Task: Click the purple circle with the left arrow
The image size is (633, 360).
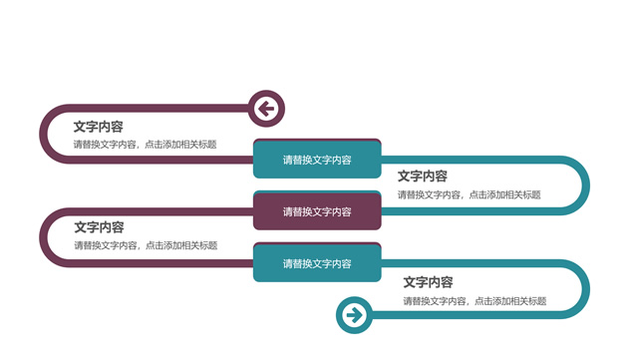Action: (265, 108)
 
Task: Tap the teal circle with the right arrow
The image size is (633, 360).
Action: (354, 316)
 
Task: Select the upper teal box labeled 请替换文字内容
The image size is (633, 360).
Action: (317, 160)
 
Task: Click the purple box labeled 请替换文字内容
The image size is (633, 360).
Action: (317, 211)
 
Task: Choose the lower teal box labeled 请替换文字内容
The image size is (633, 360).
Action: (317, 263)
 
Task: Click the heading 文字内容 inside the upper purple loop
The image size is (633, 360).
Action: (99, 127)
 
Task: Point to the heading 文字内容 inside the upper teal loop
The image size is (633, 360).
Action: (423, 177)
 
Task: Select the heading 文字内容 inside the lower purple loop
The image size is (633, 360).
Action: (99, 227)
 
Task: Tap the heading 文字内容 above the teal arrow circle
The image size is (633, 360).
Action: (428, 283)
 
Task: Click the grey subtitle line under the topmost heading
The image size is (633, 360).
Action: (145, 145)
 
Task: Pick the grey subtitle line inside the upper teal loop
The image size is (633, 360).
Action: (469, 194)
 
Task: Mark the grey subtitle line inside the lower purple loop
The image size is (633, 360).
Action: (145, 245)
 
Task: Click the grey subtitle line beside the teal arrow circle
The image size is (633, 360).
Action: (475, 301)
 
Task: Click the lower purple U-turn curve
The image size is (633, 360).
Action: (44, 237)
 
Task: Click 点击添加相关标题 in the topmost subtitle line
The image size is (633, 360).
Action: (180, 145)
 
